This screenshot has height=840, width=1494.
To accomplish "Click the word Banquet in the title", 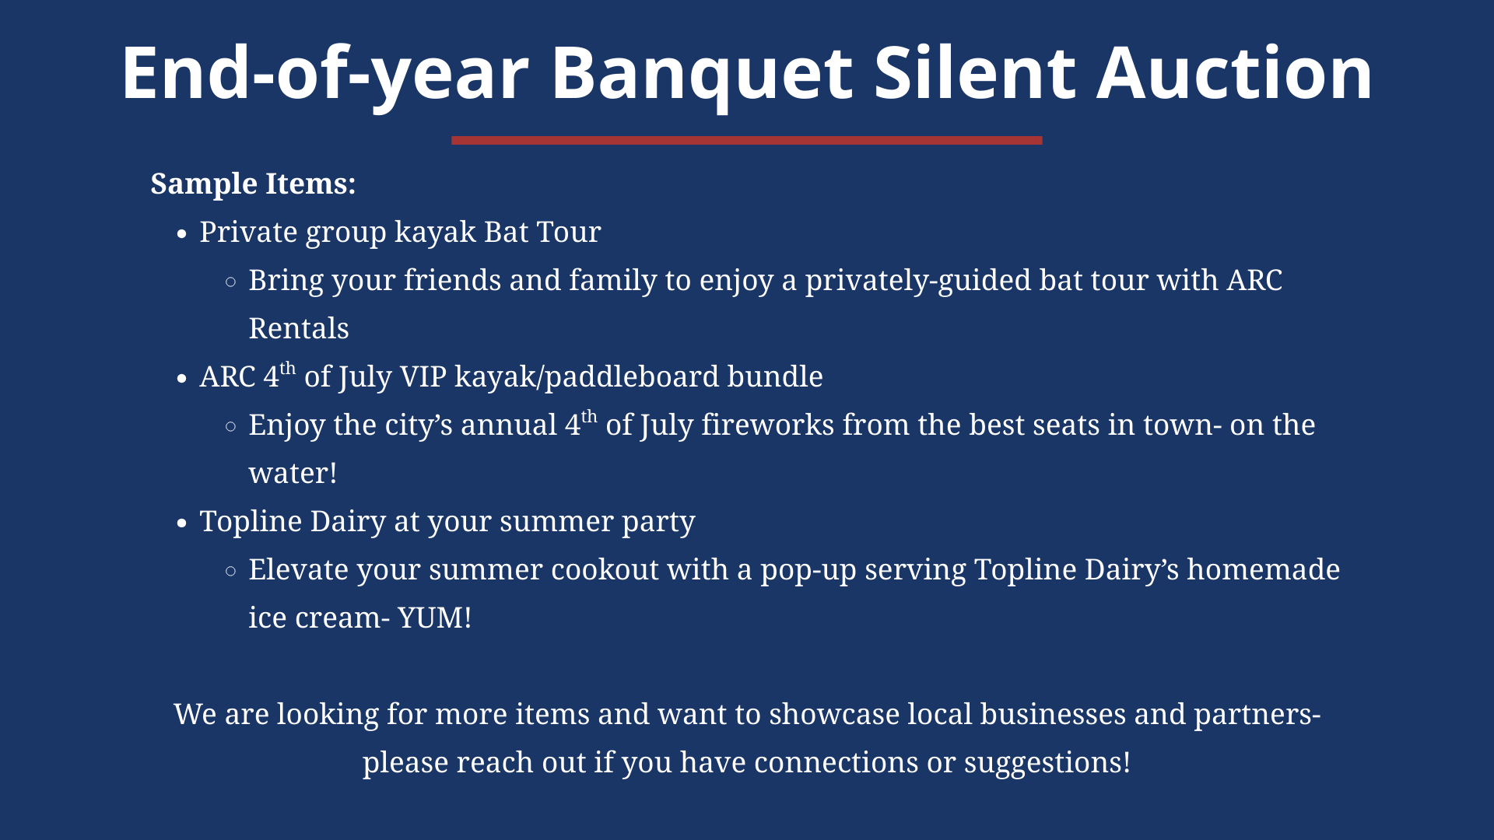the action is pos(702,75).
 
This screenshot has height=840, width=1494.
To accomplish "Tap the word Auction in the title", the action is pos(1235,73).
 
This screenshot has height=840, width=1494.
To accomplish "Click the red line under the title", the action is pos(746,141).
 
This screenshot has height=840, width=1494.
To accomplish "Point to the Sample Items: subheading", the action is pos(253,184).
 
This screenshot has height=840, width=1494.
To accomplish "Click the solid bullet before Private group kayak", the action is pos(182,234).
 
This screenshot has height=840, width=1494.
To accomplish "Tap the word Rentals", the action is pos(299,329).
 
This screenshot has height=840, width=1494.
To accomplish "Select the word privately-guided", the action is pos(918,281).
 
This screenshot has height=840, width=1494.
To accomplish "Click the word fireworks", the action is pos(767,425).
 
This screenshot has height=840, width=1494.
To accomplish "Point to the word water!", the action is pos(293,474).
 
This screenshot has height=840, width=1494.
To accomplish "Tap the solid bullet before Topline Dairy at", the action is pos(182,523).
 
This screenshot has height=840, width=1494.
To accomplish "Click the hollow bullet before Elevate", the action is pos(230,571).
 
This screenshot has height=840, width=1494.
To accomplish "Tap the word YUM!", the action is pos(434,618).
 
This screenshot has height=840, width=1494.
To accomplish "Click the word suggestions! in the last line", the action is pos(1047,763).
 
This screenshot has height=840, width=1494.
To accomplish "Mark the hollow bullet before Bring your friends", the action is pos(230,282).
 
